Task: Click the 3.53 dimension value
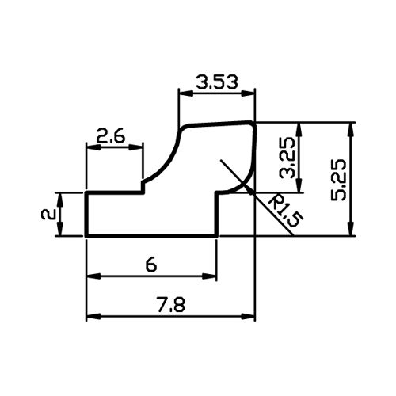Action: [217, 82]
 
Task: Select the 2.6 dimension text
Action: [110, 136]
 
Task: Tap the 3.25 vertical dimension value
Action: [287, 158]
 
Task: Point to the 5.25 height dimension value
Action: [339, 180]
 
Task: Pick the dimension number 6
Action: [151, 265]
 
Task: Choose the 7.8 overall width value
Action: [172, 304]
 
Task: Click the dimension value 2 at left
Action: [48, 214]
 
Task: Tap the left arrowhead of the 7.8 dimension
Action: [93, 316]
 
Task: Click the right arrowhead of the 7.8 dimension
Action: [248, 316]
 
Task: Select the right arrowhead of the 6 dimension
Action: [209, 276]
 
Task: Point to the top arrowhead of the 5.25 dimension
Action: [351, 130]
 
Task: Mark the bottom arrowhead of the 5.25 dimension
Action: [351, 228]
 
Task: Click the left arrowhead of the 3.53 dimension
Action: [186, 93]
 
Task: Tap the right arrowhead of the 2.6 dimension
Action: [135, 147]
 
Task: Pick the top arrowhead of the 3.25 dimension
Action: [299, 130]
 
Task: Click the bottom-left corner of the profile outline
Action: [86, 235]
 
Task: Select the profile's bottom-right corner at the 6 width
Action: [217, 235]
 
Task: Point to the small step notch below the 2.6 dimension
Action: [143, 187]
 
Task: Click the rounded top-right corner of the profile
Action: [253, 124]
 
